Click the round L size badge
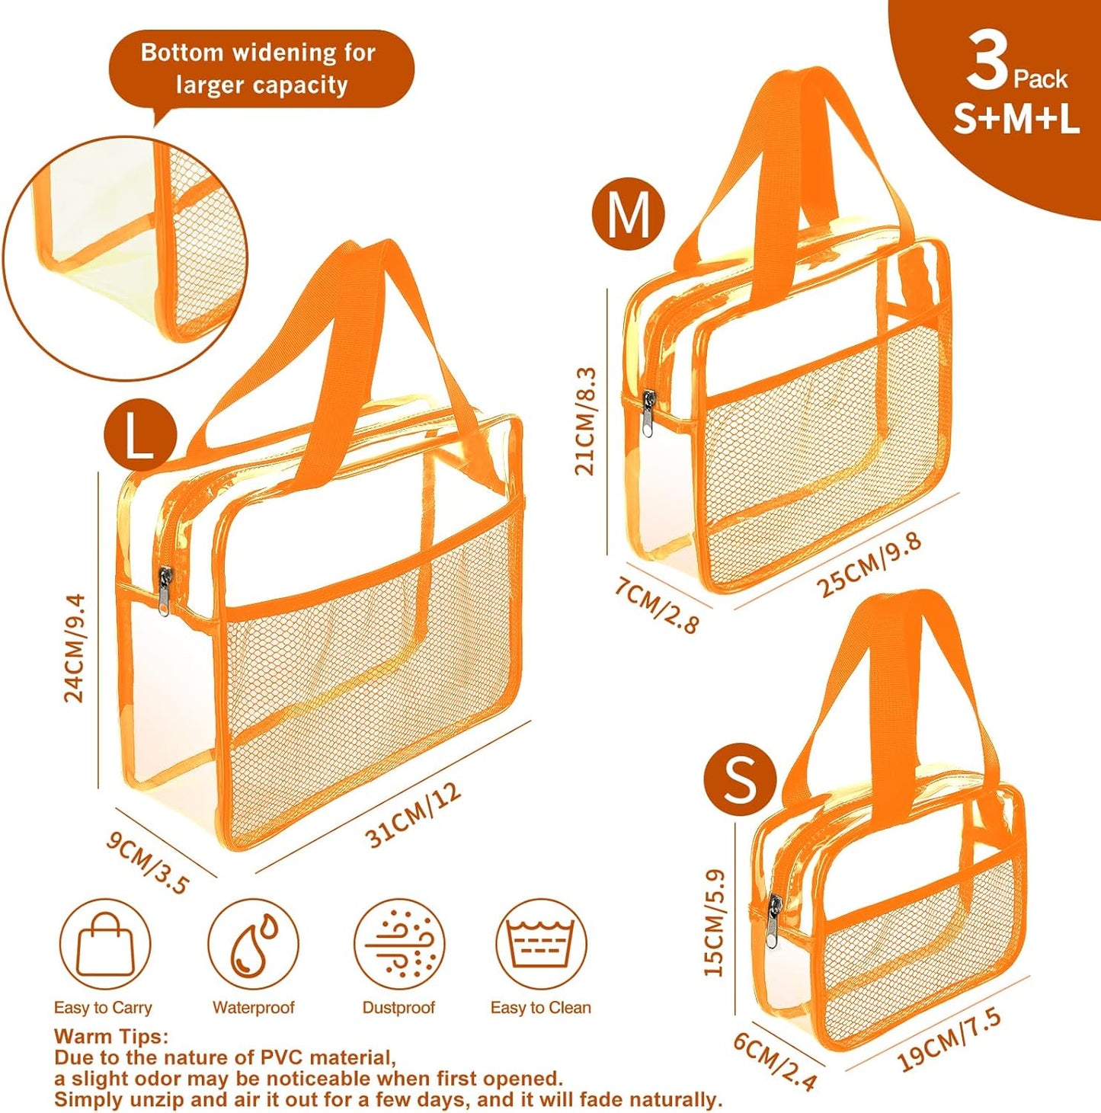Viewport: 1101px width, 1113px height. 140,437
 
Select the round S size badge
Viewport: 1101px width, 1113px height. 739,779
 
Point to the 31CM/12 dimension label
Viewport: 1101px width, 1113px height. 414,815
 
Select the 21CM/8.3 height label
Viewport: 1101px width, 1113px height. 585,421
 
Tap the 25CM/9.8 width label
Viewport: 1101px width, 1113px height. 869,564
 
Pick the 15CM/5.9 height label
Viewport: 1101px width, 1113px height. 714,923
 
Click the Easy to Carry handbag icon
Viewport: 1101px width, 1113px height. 105,945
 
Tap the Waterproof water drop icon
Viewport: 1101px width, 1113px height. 253,945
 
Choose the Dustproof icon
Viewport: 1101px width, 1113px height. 398,945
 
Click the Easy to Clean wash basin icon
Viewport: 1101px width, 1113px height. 541,945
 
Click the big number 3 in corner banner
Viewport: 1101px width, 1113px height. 987,62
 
